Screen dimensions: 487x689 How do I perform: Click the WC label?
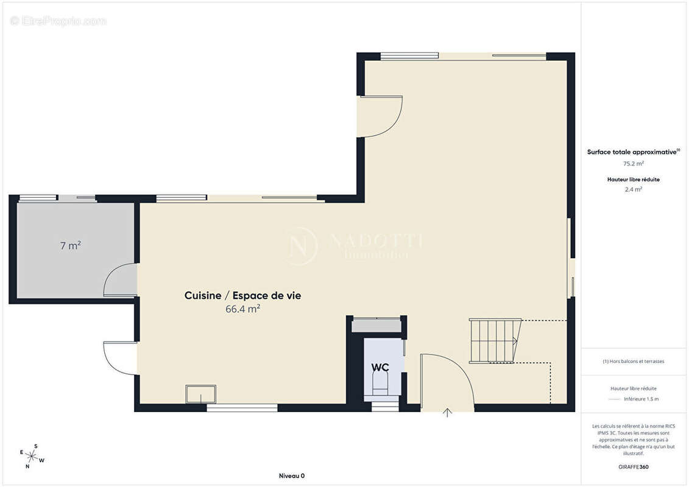tap(381, 368)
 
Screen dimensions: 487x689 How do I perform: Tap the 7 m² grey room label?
tap(71, 246)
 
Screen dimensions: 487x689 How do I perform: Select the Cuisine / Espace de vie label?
tap(242, 296)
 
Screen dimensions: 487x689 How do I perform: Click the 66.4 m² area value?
tap(242, 309)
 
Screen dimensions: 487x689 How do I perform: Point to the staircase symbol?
tap(495, 340)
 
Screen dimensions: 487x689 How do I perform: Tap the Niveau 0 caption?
tap(291, 476)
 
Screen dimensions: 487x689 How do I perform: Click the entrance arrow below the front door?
tap(448, 413)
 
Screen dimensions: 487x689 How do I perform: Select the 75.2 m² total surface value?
tap(634, 164)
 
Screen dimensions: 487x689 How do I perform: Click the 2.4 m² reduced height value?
tap(634, 189)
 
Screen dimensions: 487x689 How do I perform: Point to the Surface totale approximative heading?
tap(632, 152)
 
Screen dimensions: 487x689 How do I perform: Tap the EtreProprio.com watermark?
tap(58, 21)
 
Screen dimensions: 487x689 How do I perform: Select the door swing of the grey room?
tap(119, 280)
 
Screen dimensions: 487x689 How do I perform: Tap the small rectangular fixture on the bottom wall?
tap(201, 394)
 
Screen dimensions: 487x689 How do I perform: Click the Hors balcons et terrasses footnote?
tap(634, 361)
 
